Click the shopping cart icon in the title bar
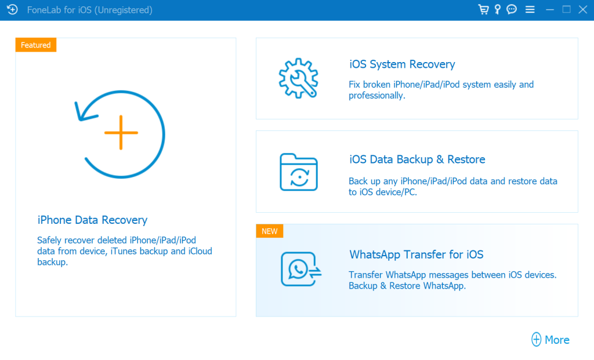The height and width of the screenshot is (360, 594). [x=483, y=9]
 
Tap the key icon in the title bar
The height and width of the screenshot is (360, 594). [x=497, y=9]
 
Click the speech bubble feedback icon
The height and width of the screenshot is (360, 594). [x=512, y=9]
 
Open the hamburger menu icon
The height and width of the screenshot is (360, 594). [x=530, y=9]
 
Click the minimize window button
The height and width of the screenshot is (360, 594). [x=550, y=10]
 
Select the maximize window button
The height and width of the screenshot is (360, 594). [x=566, y=9]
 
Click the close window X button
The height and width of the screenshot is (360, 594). [x=583, y=9]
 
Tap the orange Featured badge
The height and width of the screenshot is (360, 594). [x=35, y=45]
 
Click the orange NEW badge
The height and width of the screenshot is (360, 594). [x=269, y=231]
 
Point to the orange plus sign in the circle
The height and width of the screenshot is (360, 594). [x=121, y=133]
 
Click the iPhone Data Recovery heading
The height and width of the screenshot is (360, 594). [x=92, y=220]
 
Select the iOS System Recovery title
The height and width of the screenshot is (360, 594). [x=402, y=64]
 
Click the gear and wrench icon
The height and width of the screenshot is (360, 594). [x=299, y=78]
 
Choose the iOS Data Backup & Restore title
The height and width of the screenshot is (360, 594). [x=417, y=159]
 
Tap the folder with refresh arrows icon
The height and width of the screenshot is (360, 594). [x=299, y=172]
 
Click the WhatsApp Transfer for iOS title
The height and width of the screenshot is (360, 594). [x=416, y=254]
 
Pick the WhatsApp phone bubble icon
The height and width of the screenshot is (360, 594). [x=301, y=269]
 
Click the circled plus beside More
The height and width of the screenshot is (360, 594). [x=536, y=340]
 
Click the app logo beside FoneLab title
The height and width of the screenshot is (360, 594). [x=12, y=9]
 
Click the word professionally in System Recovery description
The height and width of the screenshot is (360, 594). [x=377, y=96]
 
